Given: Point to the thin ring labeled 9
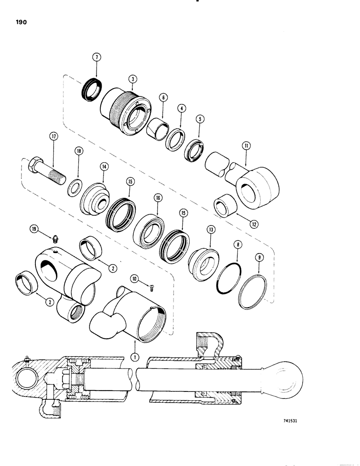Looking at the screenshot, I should (x=253, y=293).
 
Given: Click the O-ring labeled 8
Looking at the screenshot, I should (x=228, y=279).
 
